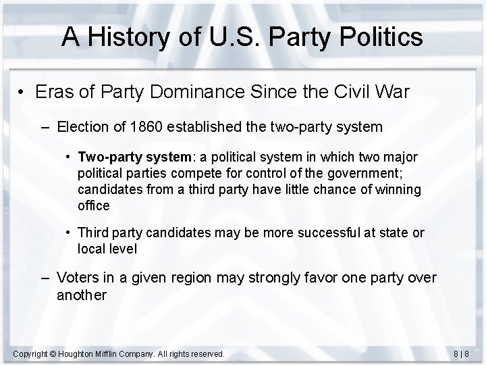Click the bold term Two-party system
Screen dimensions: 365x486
pyautogui.click(x=135, y=157)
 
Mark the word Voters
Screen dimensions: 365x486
pyautogui.click(x=78, y=278)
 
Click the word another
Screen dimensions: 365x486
pyautogui.click(x=82, y=295)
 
